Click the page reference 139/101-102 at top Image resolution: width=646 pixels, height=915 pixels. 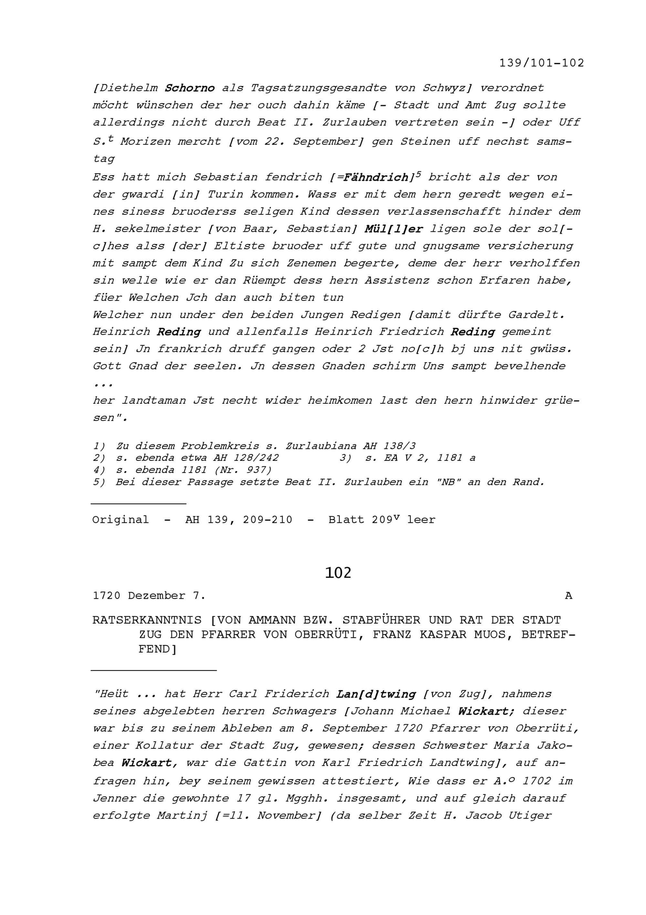click(x=541, y=63)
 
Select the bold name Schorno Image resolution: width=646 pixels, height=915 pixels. click(x=190, y=88)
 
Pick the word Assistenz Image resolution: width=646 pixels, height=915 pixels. click(x=397, y=281)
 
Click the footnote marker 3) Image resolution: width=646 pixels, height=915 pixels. click(x=345, y=458)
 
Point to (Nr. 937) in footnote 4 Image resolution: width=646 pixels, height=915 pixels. click(x=243, y=470)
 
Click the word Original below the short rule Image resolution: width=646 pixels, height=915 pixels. click(x=120, y=520)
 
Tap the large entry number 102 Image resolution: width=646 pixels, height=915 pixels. click(x=338, y=573)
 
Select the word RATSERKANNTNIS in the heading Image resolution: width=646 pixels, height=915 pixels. click(x=147, y=620)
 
